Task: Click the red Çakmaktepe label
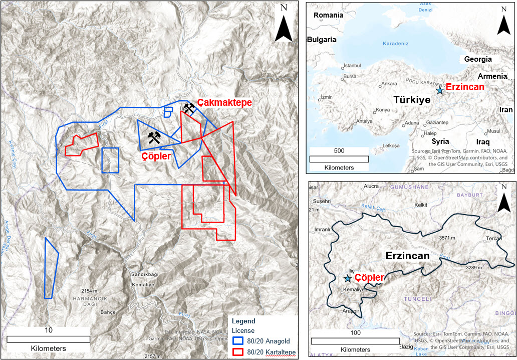[x=224, y=102]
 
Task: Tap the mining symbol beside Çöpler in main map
[x=154, y=137]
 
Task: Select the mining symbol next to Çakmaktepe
[x=189, y=107]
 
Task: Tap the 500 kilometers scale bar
[x=339, y=159]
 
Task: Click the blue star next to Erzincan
[x=439, y=90]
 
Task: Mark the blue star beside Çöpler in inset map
[x=347, y=278]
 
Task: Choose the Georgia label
[x=477, y=59]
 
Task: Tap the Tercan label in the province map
[x=493, y=239]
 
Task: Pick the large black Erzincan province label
[x=407, y=256]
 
